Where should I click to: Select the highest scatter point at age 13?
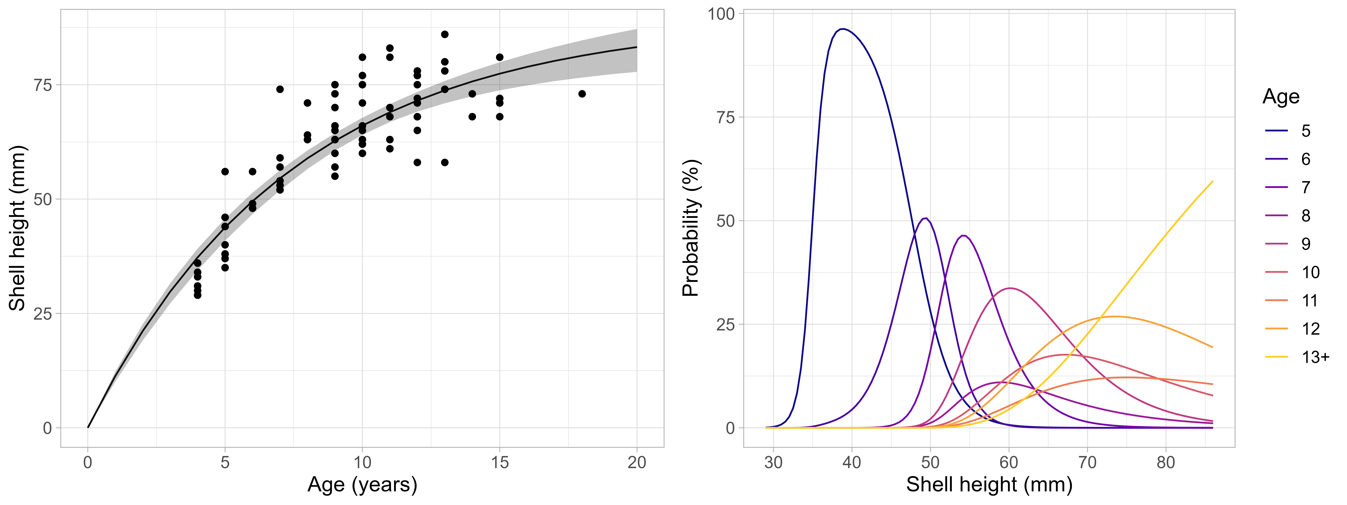[x=445, y=35]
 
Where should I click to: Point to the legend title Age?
[x=1281, y=97]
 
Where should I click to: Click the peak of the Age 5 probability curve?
[x=842, y=29]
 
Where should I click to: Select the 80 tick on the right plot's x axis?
[x=1165, y=463]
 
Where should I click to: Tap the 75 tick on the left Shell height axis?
[x=43, y=85]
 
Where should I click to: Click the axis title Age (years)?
[x=362, y=485]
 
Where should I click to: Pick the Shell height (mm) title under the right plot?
[x=989, y=485]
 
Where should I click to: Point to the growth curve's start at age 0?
[x=88, y=427]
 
